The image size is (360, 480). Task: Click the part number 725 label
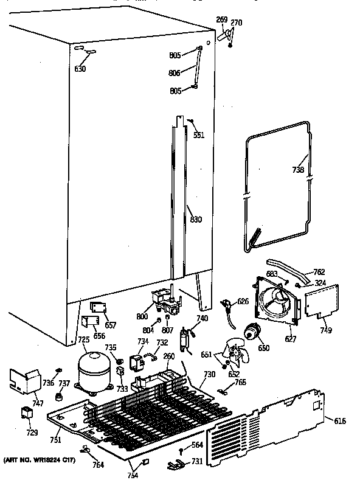pos(83,339)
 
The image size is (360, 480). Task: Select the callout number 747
pos(38,403)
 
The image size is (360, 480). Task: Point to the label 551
pos(198,135)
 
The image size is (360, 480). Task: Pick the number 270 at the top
pos(236,23)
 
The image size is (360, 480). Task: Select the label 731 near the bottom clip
pos(198,462)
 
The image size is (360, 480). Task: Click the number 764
pos(97,465)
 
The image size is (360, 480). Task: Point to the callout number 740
pos(202,319)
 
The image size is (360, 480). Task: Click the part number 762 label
pos(318,272)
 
